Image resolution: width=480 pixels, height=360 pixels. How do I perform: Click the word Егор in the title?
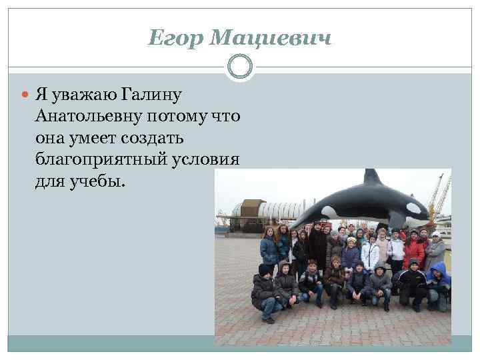coord(175,39)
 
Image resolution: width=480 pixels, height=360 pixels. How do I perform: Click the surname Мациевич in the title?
coord(269,39)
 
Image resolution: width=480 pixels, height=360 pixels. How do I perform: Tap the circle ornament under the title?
coord(240,67)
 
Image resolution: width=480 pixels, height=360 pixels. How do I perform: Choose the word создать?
coord(157,139)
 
